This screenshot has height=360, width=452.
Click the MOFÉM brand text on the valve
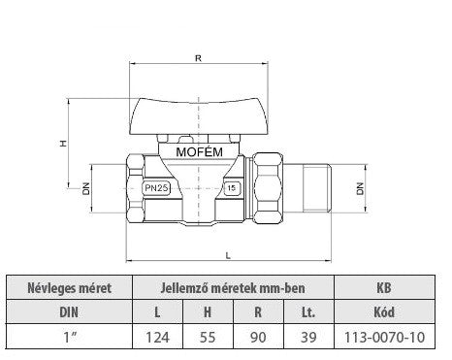pos(199,152)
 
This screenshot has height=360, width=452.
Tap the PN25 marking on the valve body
pos(156,188)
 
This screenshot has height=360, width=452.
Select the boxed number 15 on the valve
pos(232,188)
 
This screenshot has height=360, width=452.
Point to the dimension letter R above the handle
pos(198,58)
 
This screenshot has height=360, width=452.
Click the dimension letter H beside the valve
pos(63,143)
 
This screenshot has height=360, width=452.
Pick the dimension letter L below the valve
pos(228,255)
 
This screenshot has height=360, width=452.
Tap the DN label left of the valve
pos(85,188)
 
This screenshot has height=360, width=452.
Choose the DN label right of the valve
pos(360,188)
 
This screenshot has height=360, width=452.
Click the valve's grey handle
pos(199,116)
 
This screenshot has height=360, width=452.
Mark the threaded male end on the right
pos(317,188)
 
